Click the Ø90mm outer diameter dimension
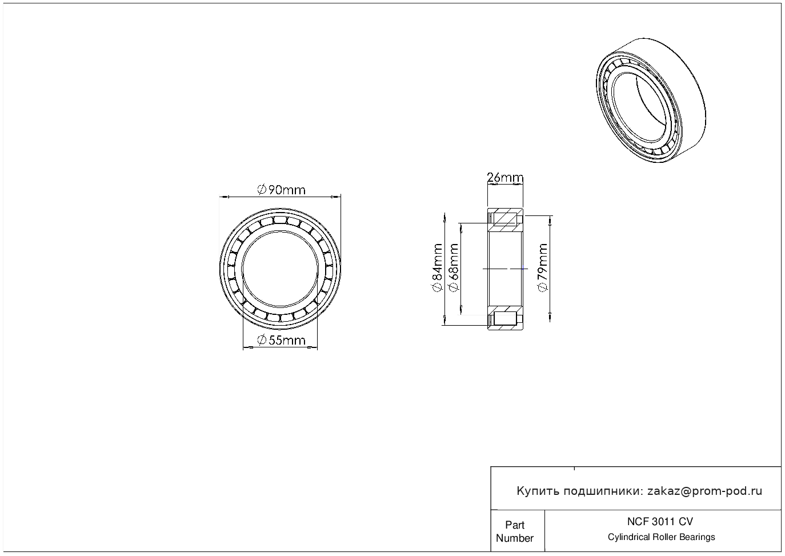[282, 190]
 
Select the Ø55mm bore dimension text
[282, 340]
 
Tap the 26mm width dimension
[505, 178]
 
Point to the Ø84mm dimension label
[438, 267]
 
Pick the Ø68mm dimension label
[453, 267]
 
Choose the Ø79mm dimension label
[542, 267]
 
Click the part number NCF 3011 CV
[660, 522]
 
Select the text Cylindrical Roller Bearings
[661, 537]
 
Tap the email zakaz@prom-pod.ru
[705, 491]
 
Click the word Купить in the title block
[538, 491]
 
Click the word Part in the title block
[514, 525]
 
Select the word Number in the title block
[514, 538]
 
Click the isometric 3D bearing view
[651, 100]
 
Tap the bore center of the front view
[280, 269]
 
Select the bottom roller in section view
[505, 319]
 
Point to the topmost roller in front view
[280, 220]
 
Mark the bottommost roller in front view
[280, 318]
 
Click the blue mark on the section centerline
[523, 269]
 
